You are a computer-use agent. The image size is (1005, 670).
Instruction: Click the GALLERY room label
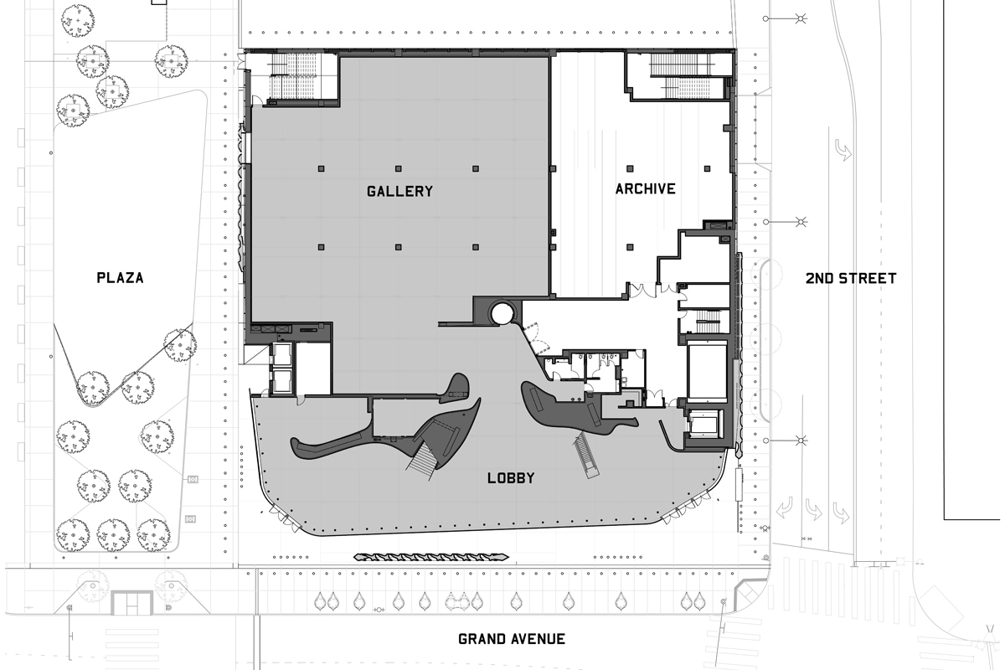click(399, 191)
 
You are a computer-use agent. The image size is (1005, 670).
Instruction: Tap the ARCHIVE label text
click(645, 189)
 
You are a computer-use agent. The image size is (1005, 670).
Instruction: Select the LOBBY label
click(511, 478)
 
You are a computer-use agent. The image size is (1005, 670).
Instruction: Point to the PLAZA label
click(121, 278)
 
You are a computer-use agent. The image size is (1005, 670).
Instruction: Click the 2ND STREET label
click(851, 278)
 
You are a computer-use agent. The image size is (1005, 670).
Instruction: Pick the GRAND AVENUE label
click(512, 639)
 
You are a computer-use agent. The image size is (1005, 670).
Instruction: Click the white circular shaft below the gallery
click(502, 313)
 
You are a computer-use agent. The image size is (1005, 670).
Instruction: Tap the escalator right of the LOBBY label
click(585, 455)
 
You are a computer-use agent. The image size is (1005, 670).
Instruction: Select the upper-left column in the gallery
click(321, 168)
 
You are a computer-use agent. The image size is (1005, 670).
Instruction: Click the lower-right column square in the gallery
click(476, 247)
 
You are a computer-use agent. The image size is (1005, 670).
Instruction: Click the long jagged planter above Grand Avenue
click(430, 558)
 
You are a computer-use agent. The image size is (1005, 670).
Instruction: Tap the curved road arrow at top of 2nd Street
click(843, 150)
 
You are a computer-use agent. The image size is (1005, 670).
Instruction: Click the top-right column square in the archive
click(707, 168)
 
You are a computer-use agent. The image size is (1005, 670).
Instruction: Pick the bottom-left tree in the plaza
click(73, 535)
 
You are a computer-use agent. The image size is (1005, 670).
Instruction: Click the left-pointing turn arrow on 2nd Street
click(784, 509)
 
